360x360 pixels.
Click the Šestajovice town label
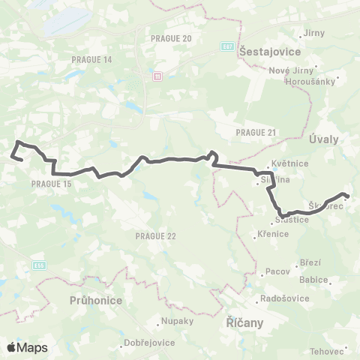(269, 52)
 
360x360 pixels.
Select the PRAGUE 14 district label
(92, 59)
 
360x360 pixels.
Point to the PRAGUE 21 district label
(256, 132)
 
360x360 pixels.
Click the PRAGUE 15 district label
(52, 183)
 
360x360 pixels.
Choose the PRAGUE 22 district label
(156, 236)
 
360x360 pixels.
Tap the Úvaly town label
(324, 139)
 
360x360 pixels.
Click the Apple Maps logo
(27, 347)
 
